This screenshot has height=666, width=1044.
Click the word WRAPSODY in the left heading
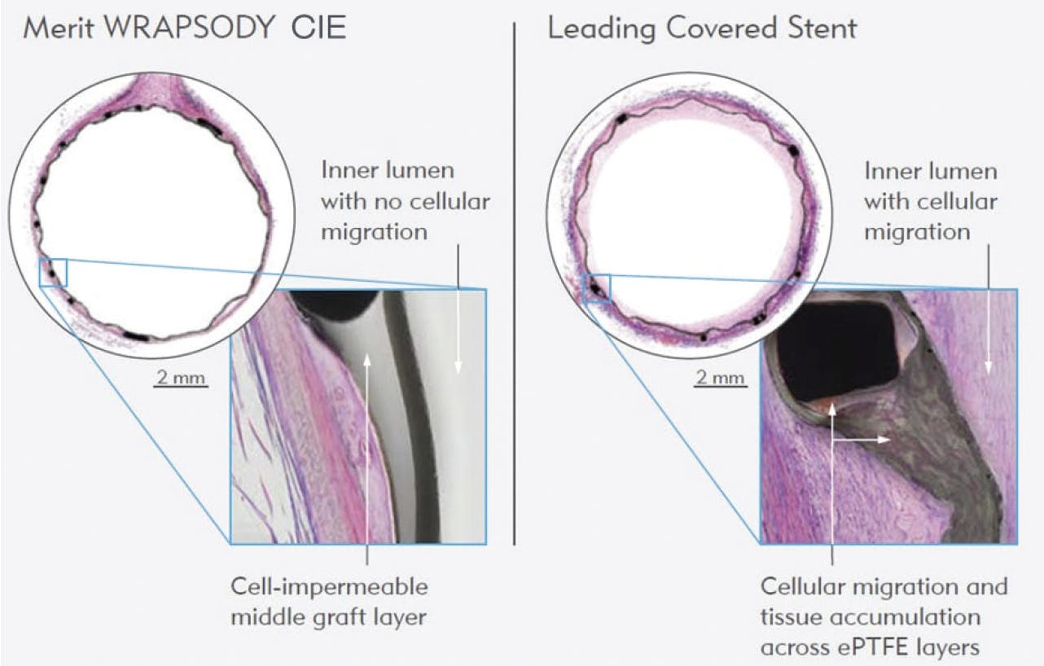click(x=190, y=28)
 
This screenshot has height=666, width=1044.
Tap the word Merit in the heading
click(x=59, y=28)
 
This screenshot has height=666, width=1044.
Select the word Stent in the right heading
click(x=822, y=28)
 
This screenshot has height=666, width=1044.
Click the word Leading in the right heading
click(x=602, y=28)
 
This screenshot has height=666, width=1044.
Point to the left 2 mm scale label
click(x=181, y=378)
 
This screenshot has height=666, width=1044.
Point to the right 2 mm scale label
click(x=720, y=378)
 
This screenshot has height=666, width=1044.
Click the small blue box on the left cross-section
click(x=54, y=273)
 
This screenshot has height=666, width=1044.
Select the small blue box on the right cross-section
click(x=597, y=288)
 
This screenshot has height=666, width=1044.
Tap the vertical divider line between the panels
click(x=515, y=283)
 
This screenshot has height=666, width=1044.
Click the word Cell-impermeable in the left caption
click(x=329, y=587)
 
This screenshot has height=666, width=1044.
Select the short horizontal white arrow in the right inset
click(x=862, y=440)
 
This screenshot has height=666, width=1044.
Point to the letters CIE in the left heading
click(x=318, y=28)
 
